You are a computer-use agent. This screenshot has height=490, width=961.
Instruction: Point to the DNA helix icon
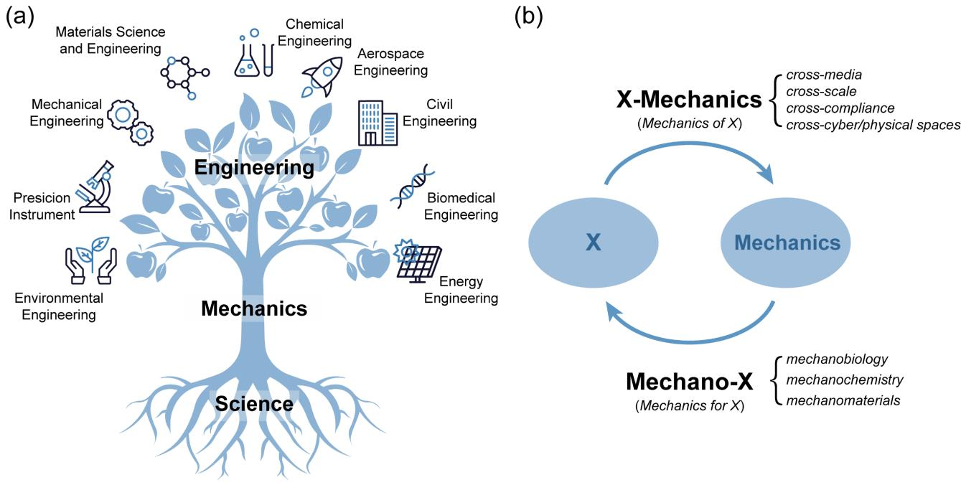[411, 186]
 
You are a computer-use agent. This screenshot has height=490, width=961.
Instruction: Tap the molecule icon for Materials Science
[184, 75]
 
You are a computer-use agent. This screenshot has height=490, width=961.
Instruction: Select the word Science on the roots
[255, 404]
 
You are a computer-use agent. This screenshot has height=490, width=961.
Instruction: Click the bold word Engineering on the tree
[255, 168]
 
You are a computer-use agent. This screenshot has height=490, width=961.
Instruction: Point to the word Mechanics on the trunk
[254, 309]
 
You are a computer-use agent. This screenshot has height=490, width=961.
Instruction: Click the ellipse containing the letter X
[592, 242]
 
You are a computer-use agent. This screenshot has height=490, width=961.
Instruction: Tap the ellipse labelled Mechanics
[787, 242]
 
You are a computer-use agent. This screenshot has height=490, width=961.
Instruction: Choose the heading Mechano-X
[689, 382]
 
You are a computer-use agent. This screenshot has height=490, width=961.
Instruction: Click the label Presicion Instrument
[42, 206]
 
